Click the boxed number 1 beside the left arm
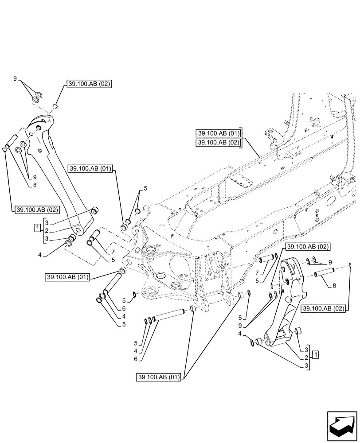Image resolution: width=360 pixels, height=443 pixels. pyautogui.click(x=38, y=228)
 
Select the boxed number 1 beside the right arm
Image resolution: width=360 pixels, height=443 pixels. pyautogui.click(x=314, y=354)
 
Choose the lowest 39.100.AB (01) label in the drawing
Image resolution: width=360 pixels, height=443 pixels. pyautogui.click(x=159, y=377)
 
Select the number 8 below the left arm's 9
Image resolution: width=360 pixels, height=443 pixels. pyautogui.click(x=34, y=186)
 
